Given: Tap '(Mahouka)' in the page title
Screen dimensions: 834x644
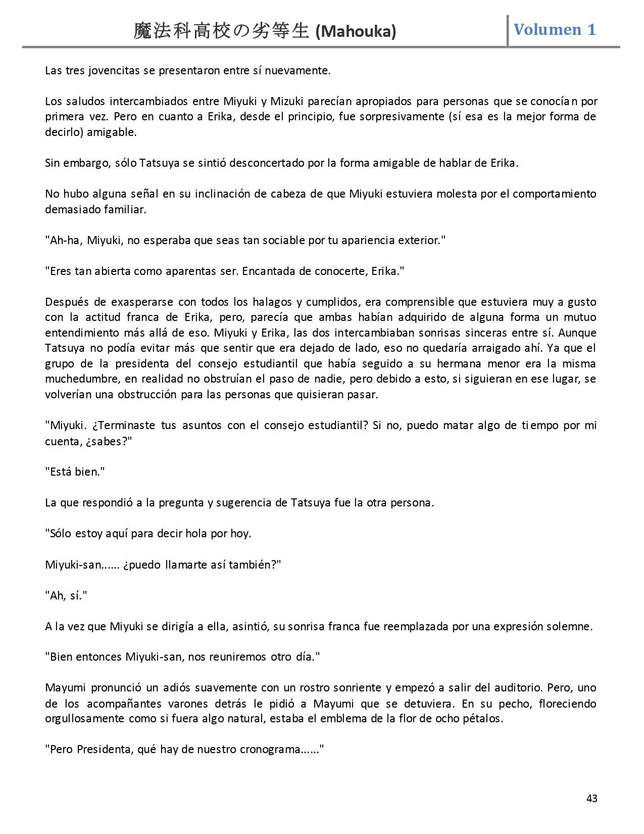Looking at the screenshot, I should [x=356, y=32].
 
